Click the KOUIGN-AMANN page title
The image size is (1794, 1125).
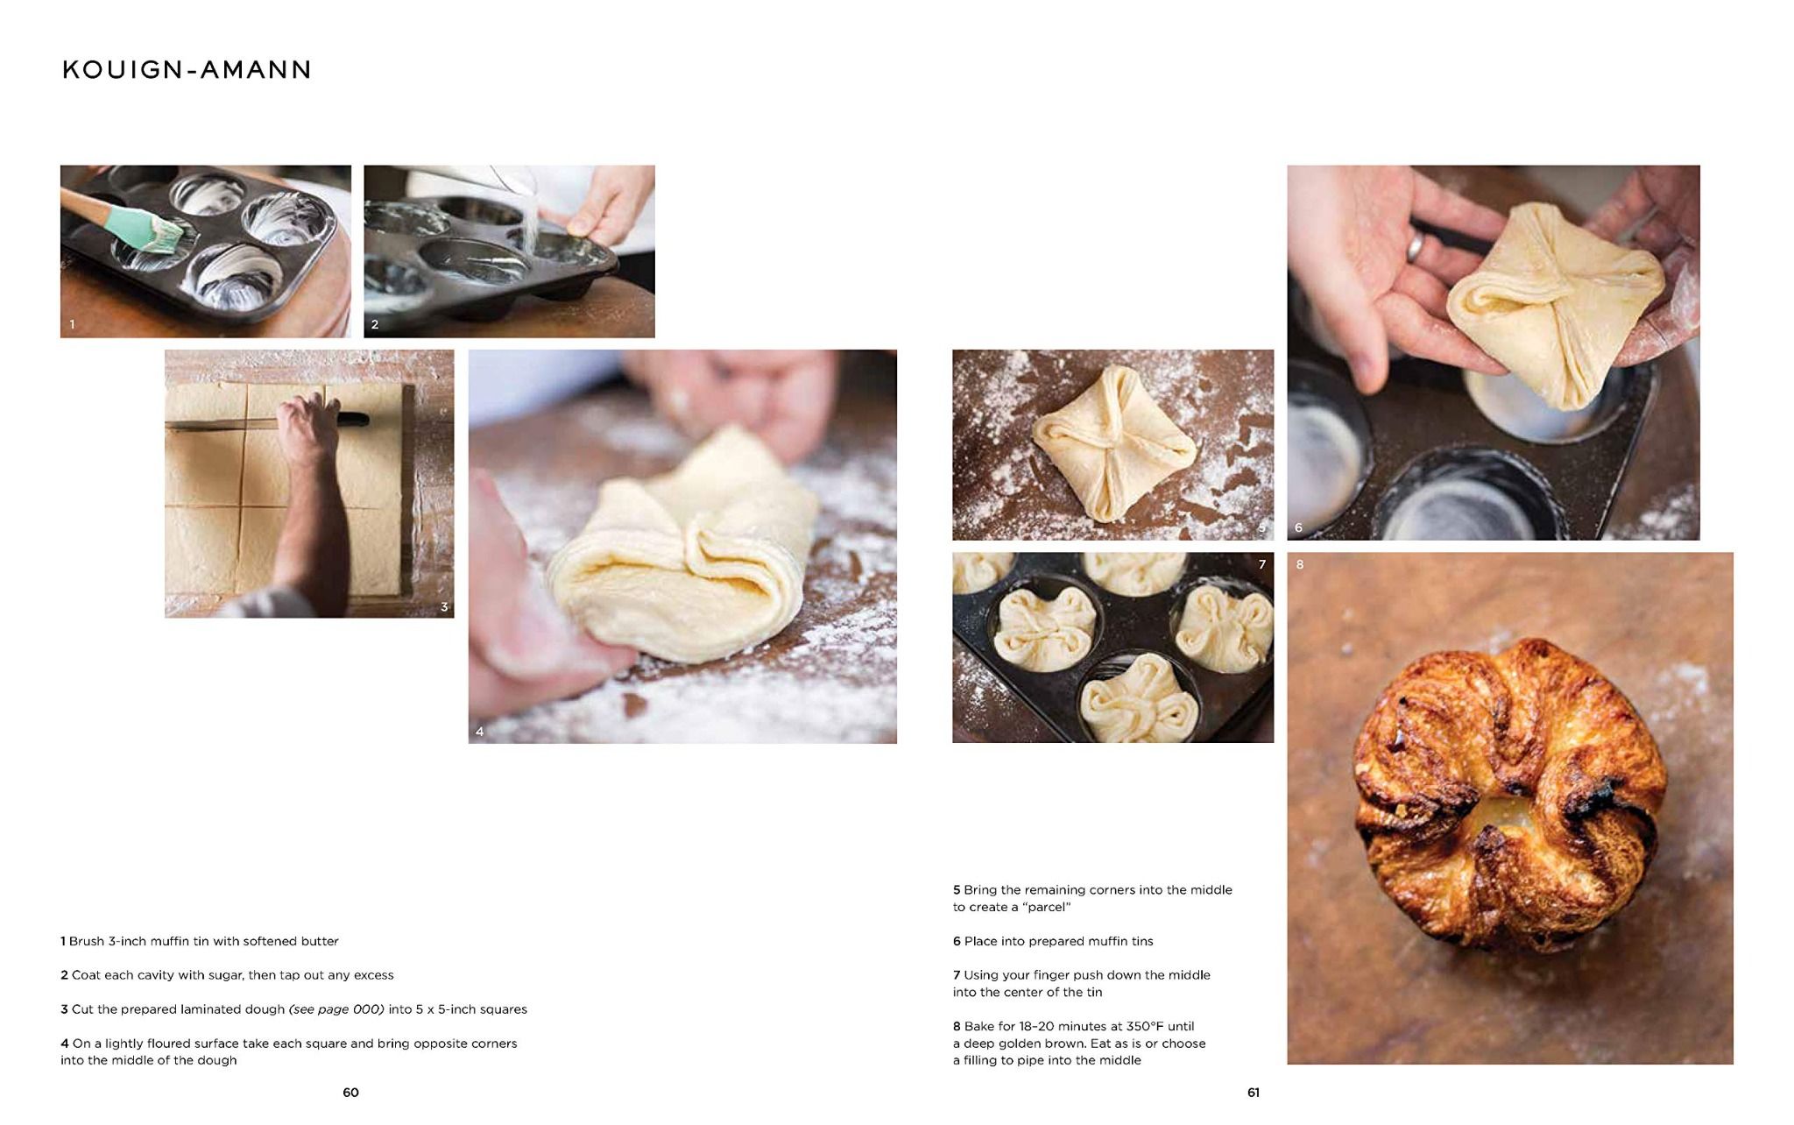[187, 70]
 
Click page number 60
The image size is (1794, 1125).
[350, 1092]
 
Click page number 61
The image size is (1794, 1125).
[1254, 1092]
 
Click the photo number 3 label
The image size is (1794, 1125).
[444, 606]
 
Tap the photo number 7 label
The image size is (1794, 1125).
[1262, 564]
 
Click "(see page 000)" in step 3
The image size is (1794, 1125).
[336, 1009]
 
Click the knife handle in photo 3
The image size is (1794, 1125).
[352, 420]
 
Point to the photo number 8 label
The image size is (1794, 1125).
[1300, 564]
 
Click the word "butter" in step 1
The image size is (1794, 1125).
[319, 941]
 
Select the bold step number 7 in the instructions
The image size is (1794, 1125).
[957, 975]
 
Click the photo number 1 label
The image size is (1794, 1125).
[72, 324]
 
